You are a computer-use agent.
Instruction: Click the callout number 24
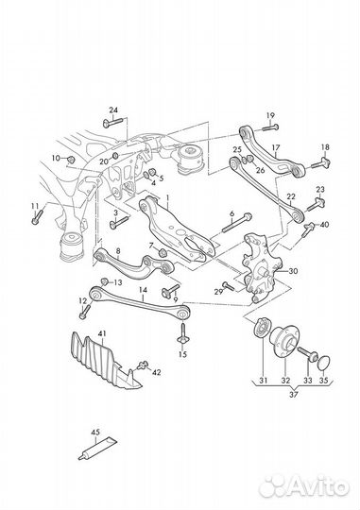pos(113,110)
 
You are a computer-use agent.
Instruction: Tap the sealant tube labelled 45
pos(97,450)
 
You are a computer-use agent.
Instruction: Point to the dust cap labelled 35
pos(323,364)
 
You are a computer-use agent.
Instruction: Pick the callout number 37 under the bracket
pos(294,395)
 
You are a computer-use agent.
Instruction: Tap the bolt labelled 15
pos(183,333)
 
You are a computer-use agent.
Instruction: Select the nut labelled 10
pos(71,160)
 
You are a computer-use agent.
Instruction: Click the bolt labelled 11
pos(38,217)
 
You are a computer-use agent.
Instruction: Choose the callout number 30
pos(293,271)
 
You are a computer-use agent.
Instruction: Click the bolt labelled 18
pos(321,163)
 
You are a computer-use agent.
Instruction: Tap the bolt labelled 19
pos(270,127)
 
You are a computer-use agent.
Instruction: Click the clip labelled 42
pos(143,365)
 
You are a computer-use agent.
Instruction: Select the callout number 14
pos(143,290)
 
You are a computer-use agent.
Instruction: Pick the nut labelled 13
pos(104,281)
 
